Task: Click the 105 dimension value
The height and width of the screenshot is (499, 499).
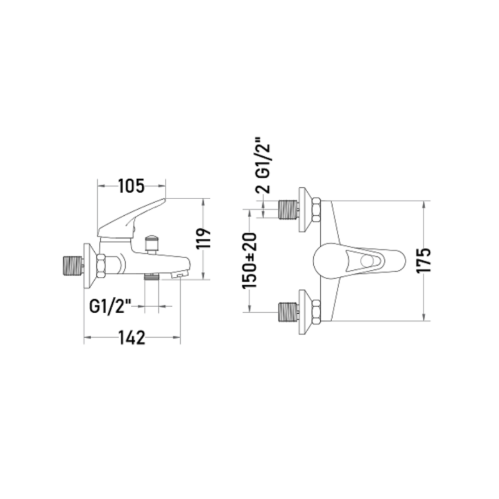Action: point(131,186)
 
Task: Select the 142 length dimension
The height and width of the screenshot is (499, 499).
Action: point(132,338)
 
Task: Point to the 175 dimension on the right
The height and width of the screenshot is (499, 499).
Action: point(424,260)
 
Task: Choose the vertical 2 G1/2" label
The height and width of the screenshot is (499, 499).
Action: point(263,165)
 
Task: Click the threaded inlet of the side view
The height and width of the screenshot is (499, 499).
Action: point(73,265)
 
